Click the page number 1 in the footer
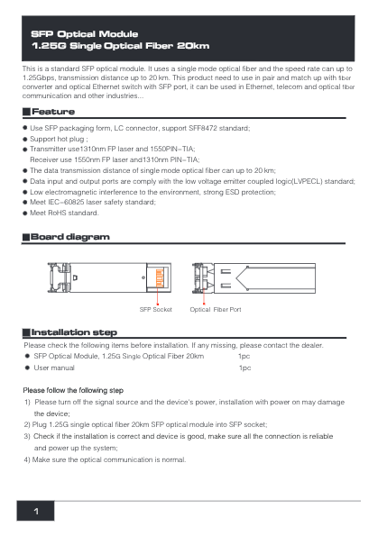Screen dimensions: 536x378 pos(37,512)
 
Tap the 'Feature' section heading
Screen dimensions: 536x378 pos(53,112)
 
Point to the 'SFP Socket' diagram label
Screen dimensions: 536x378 pos(156,309)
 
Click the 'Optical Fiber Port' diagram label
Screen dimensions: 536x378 pos(216,309)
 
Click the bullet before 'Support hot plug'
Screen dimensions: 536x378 pos(25,140)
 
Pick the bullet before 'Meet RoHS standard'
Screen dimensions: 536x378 pos(25,213)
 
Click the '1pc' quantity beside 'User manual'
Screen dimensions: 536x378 pos(244,368)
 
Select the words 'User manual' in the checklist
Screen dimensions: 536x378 pos(54,368)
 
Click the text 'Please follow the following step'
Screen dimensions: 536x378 pos(73,390)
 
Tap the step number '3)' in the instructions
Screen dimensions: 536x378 pos(27,435)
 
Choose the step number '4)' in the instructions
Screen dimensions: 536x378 pos(27,459)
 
